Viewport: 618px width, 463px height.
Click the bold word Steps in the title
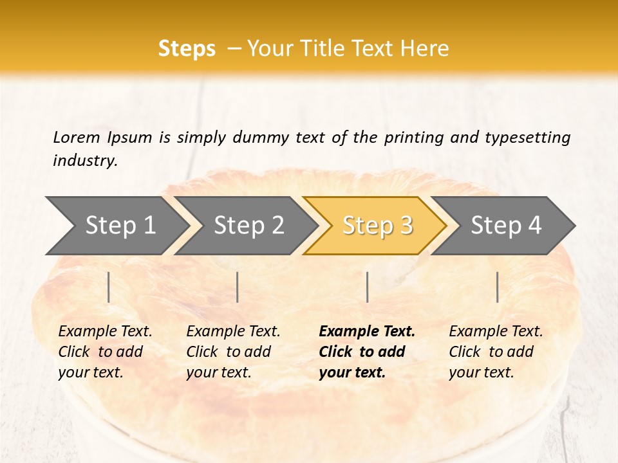coord(187,49)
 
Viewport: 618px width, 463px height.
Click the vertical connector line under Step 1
coord(109,287)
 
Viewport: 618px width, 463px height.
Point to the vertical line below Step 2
coord(238,287)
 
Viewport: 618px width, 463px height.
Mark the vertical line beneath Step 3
coord(367,287)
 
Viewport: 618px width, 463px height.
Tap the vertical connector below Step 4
coord(498,287)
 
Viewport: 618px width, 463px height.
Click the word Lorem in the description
coord(76,138)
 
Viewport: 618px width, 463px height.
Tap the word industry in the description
coord(85,161)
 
